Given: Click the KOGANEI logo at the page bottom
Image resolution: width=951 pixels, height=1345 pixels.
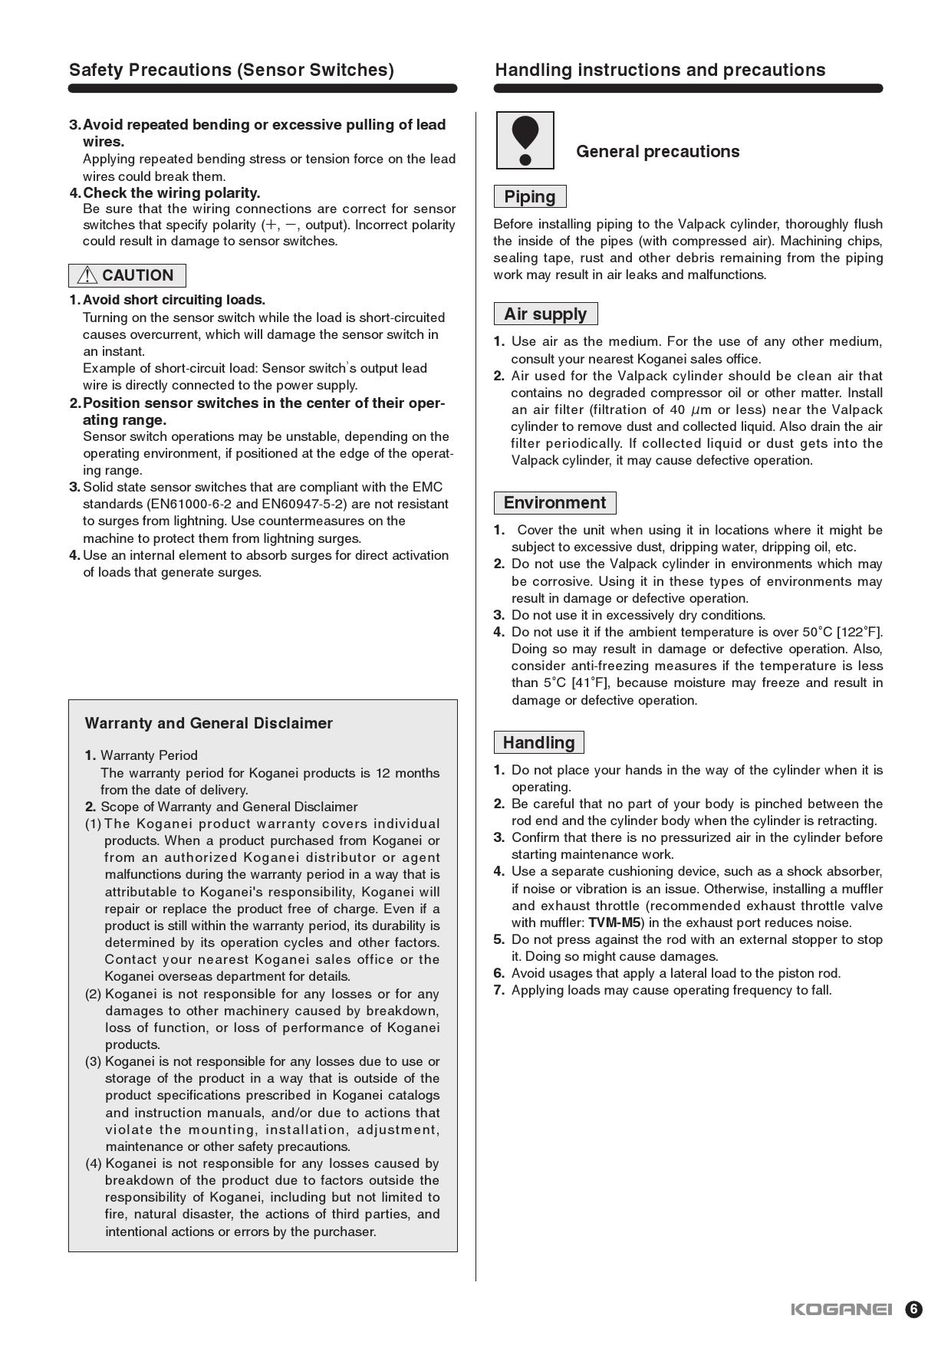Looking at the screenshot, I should point(841,1309).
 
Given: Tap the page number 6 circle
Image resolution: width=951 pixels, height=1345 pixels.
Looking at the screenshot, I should point(913,1309).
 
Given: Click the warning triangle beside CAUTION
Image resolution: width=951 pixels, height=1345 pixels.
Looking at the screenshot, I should point(87,275).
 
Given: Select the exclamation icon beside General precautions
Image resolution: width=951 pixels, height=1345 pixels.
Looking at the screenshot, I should point(525,140).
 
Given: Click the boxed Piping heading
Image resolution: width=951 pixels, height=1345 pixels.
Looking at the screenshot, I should point(530,197).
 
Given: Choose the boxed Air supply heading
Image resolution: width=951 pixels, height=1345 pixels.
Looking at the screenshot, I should point(545,314).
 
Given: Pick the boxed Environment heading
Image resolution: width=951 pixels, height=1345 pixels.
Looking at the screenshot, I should point(554,503).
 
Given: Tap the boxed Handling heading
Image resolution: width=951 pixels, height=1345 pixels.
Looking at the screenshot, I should point(538,743).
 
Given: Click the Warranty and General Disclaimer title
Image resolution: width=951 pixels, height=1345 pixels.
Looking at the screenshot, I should point(209,723).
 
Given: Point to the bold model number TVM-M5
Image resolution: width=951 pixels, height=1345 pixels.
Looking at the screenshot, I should point(614,922).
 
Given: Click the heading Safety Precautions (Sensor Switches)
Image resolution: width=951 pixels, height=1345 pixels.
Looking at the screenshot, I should point(232,70).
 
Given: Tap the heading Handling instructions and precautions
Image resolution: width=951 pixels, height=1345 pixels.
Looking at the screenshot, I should point(660,70).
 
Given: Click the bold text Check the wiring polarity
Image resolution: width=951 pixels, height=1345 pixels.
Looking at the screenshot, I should point(172,192).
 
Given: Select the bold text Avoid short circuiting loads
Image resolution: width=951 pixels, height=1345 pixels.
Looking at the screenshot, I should point(174,300).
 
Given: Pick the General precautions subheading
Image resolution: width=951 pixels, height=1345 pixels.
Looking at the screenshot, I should point(658,151).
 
